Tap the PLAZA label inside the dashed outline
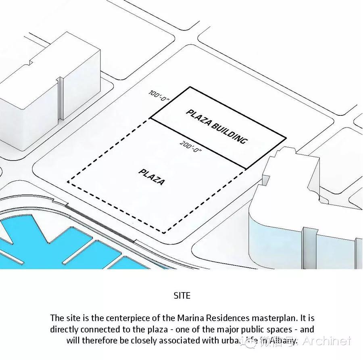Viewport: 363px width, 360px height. point(152,177)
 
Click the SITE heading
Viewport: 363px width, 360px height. point(181,295)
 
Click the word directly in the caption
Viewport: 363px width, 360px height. point(64,329)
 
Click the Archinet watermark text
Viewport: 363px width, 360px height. point(327,341)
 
